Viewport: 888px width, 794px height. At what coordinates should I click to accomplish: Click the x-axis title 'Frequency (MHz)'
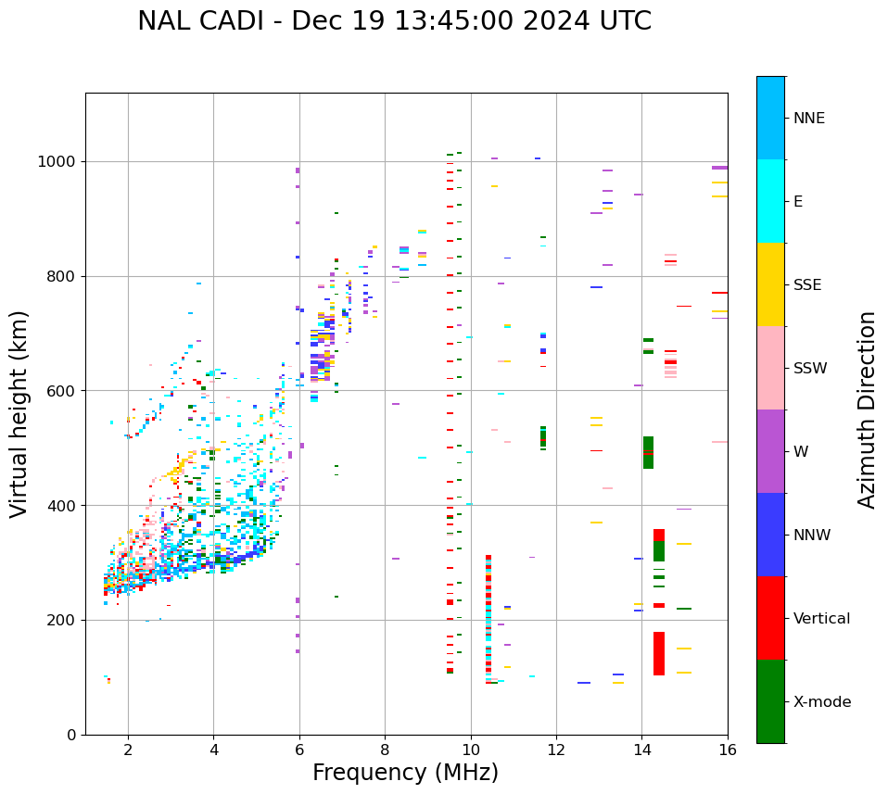tap(405, 773)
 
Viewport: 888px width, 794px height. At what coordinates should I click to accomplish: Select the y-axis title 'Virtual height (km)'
tap(19, 413)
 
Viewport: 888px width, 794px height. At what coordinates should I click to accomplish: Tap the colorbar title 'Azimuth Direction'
tap(867, 410)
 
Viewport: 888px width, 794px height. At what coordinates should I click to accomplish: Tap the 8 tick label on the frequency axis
tap(385, 750)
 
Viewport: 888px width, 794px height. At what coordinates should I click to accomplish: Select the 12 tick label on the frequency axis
tap(556, 750)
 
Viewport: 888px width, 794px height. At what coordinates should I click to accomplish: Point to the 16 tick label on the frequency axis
tap(728, 750)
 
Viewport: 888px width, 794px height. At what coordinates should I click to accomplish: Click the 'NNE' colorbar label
tap(809, 119)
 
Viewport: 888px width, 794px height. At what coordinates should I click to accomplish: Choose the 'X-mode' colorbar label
tap(822, 702)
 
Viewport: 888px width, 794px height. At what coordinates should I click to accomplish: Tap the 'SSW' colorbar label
tap(810, 369)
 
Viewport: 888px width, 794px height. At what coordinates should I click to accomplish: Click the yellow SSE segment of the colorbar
tap(770, 284)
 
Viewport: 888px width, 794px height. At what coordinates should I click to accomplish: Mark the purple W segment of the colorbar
tap(770, 451)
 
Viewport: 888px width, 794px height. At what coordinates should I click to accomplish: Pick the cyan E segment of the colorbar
tap(770, 201)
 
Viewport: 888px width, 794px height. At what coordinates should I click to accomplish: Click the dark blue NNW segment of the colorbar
tap(770, 535)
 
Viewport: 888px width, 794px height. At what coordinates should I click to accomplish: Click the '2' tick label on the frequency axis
tap(128, 750)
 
